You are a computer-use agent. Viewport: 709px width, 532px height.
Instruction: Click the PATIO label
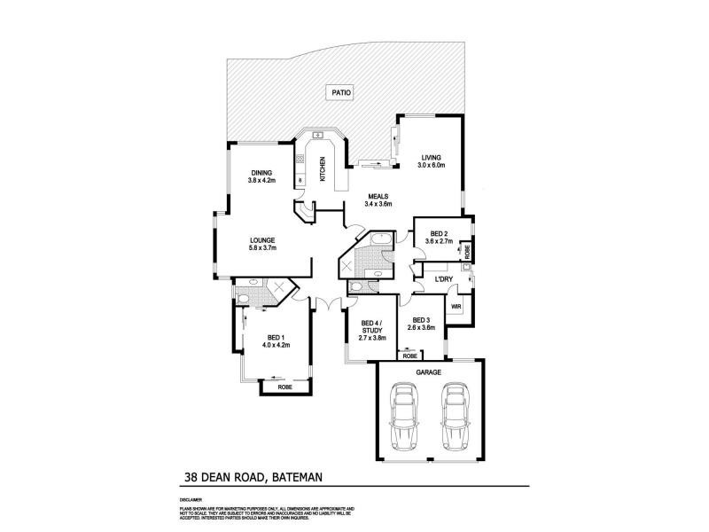point(342,90)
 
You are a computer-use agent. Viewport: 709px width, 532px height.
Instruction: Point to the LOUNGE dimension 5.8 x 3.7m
point(262,248)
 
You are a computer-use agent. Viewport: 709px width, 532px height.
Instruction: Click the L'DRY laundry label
point(443,280)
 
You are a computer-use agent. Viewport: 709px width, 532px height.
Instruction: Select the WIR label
point(456,306)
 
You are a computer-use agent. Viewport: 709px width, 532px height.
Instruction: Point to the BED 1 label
point(276,337)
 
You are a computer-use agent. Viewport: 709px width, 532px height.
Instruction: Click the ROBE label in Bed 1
point(284,387)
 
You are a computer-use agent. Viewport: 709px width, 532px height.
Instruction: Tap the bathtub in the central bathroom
point(382,240)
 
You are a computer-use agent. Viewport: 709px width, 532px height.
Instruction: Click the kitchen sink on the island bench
point(316,136)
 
